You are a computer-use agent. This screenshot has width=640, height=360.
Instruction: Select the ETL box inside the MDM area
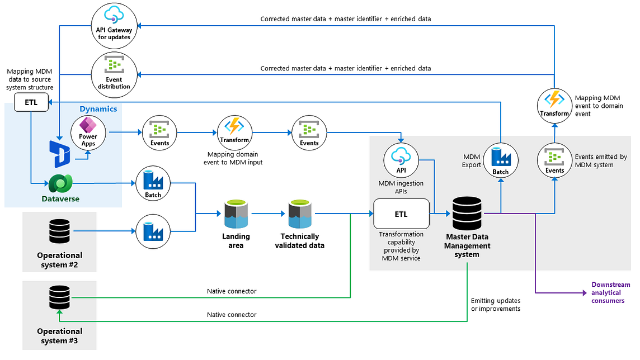pyautogui.click(x=401, y=214)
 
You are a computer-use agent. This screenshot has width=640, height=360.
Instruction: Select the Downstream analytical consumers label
pyautogui.click(x=611, y=292)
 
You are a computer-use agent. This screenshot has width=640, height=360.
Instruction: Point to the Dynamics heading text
pyautogui.click(x=98, y=109)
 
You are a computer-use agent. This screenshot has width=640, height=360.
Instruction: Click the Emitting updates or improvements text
pyautogui.click(x=496, y=305)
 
